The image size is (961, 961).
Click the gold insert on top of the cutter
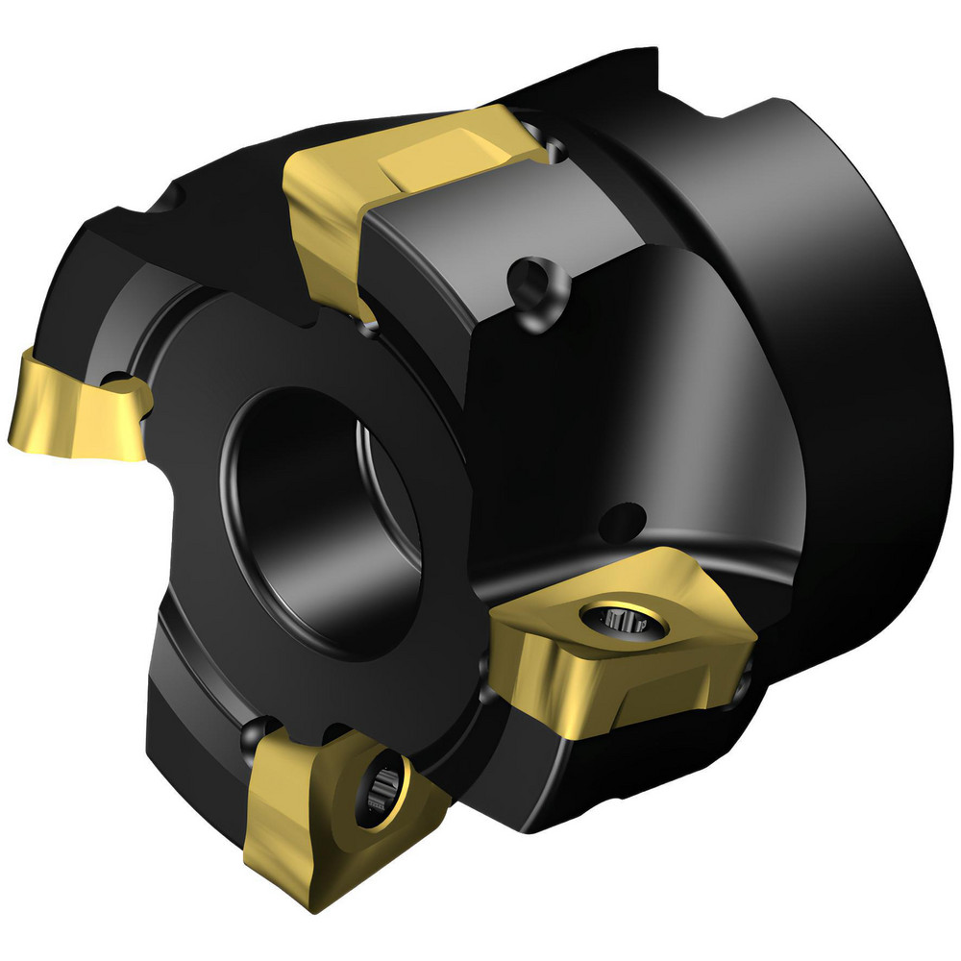(404, 192)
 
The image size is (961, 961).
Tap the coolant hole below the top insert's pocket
(531, 281)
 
